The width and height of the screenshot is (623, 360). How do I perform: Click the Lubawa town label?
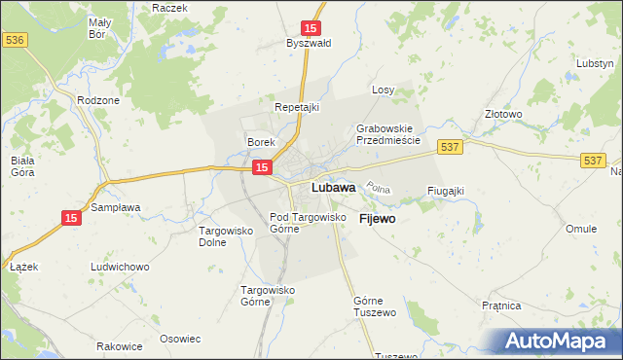[332, 188]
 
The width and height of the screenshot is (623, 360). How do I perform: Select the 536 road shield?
[14, 40]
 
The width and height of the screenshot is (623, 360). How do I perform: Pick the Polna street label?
[376, 187]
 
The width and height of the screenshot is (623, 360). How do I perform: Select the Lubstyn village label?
[594, 63]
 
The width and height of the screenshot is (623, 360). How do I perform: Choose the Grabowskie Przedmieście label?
[386, 134]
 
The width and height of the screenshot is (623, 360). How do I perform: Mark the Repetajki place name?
[297, 107]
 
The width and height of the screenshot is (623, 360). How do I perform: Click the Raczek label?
[169, 7]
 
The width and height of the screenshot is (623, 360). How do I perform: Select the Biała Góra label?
[21, 164]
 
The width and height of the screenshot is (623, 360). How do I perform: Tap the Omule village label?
[581, 229]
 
